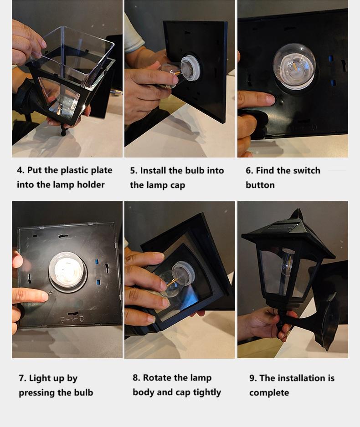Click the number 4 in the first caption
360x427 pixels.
(20, 170)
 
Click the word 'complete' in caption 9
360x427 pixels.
(269, 393)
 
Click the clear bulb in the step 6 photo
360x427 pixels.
(294, 66)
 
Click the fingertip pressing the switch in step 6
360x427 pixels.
(269, 100)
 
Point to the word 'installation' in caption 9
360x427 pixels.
(301, 378)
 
